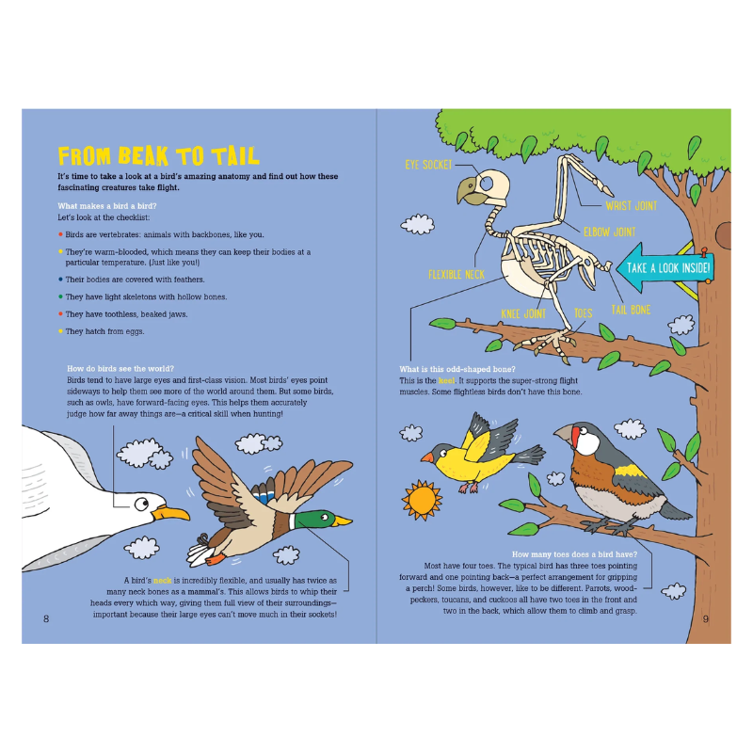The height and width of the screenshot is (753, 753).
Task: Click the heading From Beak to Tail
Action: (158, 156)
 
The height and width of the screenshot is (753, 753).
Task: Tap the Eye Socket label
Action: (429, 165)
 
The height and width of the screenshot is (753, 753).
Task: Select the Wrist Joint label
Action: (631, 205)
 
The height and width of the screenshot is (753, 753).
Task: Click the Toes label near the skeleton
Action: (583, 313)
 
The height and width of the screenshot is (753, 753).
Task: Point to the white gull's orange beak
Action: (172, 513)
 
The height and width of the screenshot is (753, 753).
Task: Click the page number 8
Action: (45, 618)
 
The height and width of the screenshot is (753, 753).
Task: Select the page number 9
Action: (707, 618)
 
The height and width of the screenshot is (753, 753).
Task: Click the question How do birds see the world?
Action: (120, 368)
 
